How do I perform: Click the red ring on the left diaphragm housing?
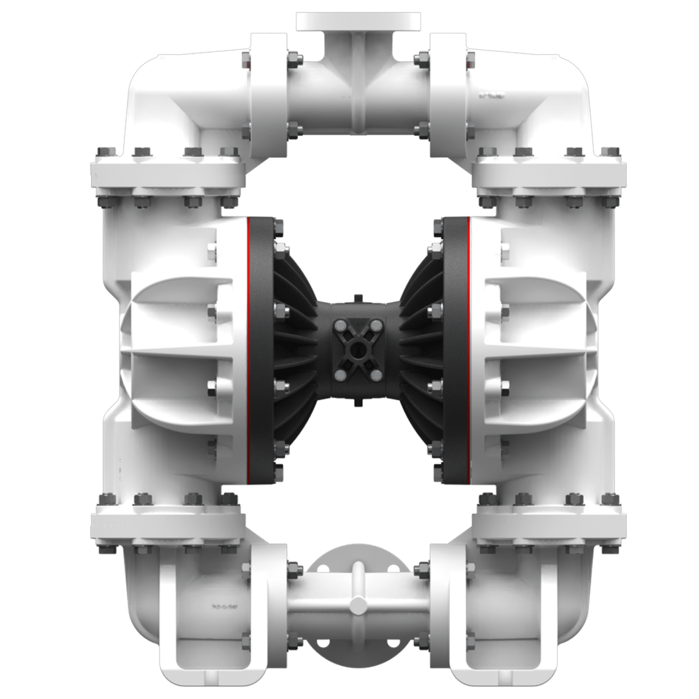248,349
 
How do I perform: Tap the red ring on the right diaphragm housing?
468,349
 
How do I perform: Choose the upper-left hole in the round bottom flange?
324,569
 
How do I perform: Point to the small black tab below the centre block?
357,403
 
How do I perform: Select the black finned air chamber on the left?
293,349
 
